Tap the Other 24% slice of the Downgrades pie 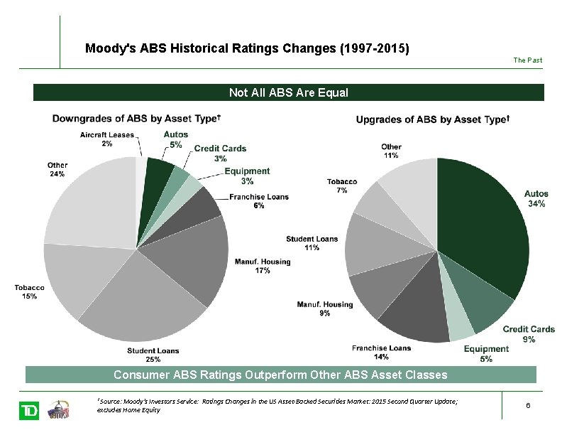89,203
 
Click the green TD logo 29,411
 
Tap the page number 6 528,405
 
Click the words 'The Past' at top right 527,60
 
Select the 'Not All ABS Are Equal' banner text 288,92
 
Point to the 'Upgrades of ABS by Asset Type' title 432,119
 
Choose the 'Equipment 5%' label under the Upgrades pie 486,353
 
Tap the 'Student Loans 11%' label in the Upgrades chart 312,243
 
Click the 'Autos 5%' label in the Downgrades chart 175,139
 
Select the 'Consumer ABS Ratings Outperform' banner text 281,375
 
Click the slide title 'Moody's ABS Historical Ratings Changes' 247,49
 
